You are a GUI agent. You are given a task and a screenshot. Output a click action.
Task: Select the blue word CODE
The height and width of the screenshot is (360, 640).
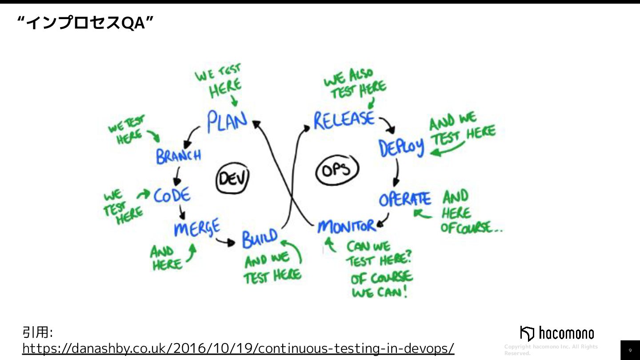click(x=172, y=195)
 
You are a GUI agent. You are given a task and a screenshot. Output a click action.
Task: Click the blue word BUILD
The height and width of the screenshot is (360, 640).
click(x=260, y=238)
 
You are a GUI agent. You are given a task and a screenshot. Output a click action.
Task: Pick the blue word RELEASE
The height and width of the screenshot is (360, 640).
click(x=344, y=120)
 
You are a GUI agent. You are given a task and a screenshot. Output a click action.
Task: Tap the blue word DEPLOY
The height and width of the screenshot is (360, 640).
click(x=401, y=148)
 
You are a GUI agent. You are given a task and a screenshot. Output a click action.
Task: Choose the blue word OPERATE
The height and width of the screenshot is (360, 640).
click(x=405, y=200)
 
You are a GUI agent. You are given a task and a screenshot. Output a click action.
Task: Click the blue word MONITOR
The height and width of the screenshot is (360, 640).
click(x=347, y=227)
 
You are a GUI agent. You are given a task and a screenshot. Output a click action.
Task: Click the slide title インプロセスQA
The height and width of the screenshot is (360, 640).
click(x=85, y=24)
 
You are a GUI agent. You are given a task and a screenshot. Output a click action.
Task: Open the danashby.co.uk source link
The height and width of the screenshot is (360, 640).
click(x=238, y=348)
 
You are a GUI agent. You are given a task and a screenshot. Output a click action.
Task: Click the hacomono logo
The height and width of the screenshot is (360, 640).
click(x=556, y=333)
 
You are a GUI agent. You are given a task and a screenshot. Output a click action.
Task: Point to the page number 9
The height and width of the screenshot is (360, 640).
click(x=630, y=350)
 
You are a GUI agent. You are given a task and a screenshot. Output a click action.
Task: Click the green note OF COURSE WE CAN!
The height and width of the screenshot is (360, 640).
click(x=381, y=285)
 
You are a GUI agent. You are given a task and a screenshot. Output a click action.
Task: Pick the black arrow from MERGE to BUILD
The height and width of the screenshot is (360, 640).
click(x=225, y=242)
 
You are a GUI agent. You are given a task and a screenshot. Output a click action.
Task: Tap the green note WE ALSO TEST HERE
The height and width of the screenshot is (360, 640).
click(x=354, y=85)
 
